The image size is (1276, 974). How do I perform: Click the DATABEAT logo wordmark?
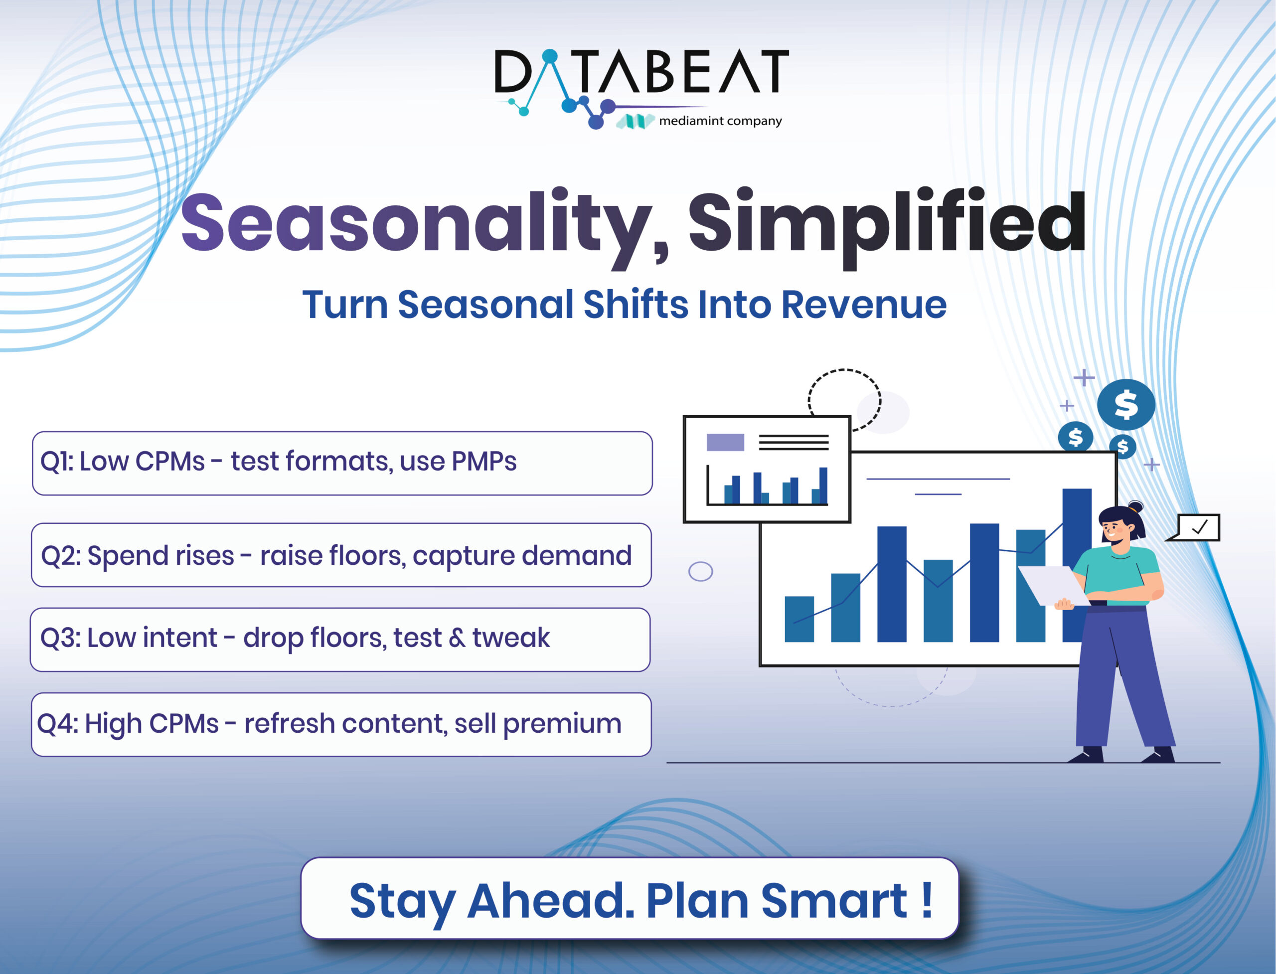point(641,72)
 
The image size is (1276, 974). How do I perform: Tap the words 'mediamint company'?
point(721,121)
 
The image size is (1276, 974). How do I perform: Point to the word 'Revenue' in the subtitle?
point(864,305)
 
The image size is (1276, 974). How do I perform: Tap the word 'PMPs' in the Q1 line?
point(484,462)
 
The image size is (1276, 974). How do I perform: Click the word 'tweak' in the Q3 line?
point(511,638)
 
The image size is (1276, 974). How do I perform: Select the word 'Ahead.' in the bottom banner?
point(551,900)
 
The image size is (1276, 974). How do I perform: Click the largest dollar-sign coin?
point(1126,404)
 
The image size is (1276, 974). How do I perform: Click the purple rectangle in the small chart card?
point(725,442)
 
